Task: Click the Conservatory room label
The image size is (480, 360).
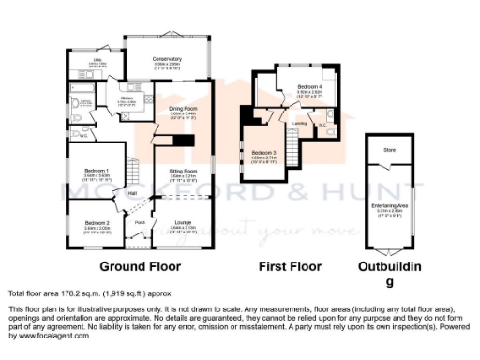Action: tap(167, 59)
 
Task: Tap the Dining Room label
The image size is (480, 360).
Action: tap(183, 109)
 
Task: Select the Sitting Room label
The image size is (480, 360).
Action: tap(183, 172)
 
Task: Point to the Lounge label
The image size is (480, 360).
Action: tap(183, 222)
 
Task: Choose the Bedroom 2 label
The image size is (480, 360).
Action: tap(97, 222)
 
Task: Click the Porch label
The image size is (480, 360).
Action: tap(140, 222)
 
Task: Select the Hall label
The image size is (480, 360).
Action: tap(133, 193)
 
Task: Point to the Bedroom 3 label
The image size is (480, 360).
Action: tap(263, 152)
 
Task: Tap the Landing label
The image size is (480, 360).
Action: tap(299, 123)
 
